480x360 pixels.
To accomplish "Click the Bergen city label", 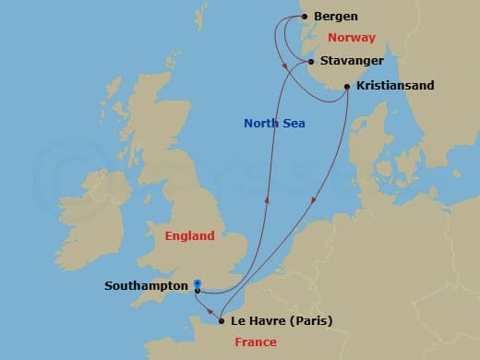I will click(336, 17).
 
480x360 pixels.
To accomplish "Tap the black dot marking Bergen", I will click(304, 17).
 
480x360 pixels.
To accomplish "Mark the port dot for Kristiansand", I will click(347, 87).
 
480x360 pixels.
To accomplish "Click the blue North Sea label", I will click(274, 124).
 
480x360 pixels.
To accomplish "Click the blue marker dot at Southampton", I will click(198, 283).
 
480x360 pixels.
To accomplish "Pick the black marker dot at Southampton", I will click(198, 291).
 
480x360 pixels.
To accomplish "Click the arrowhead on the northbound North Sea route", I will click(268, 197).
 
